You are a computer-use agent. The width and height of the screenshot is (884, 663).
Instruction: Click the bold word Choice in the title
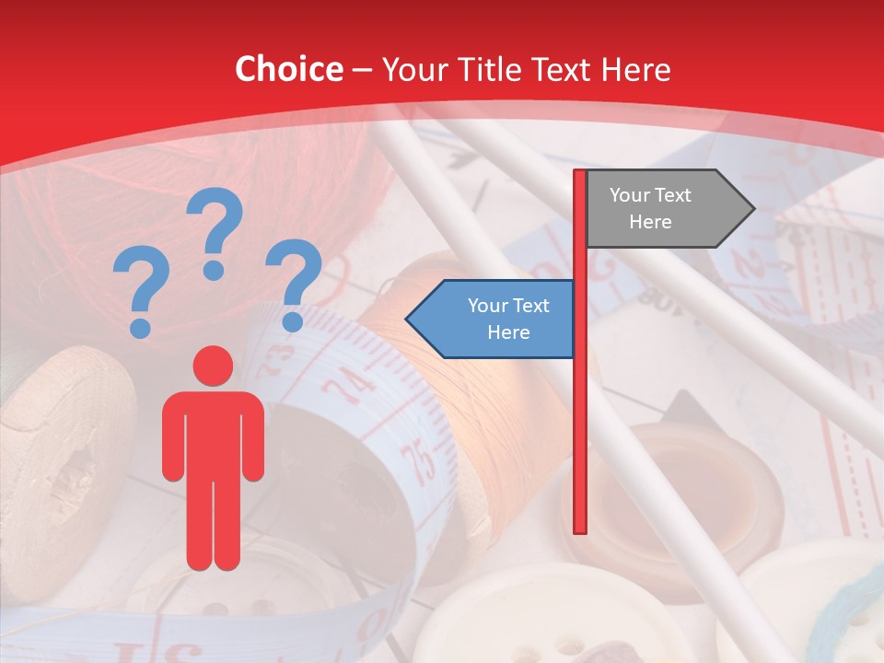288,69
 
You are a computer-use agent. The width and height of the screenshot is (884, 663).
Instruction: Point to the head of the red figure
213,366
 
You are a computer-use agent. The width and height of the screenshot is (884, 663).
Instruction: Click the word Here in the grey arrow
650,222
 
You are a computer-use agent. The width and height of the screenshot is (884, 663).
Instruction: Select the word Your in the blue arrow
489,306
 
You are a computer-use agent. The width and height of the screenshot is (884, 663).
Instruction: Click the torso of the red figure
213,433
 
